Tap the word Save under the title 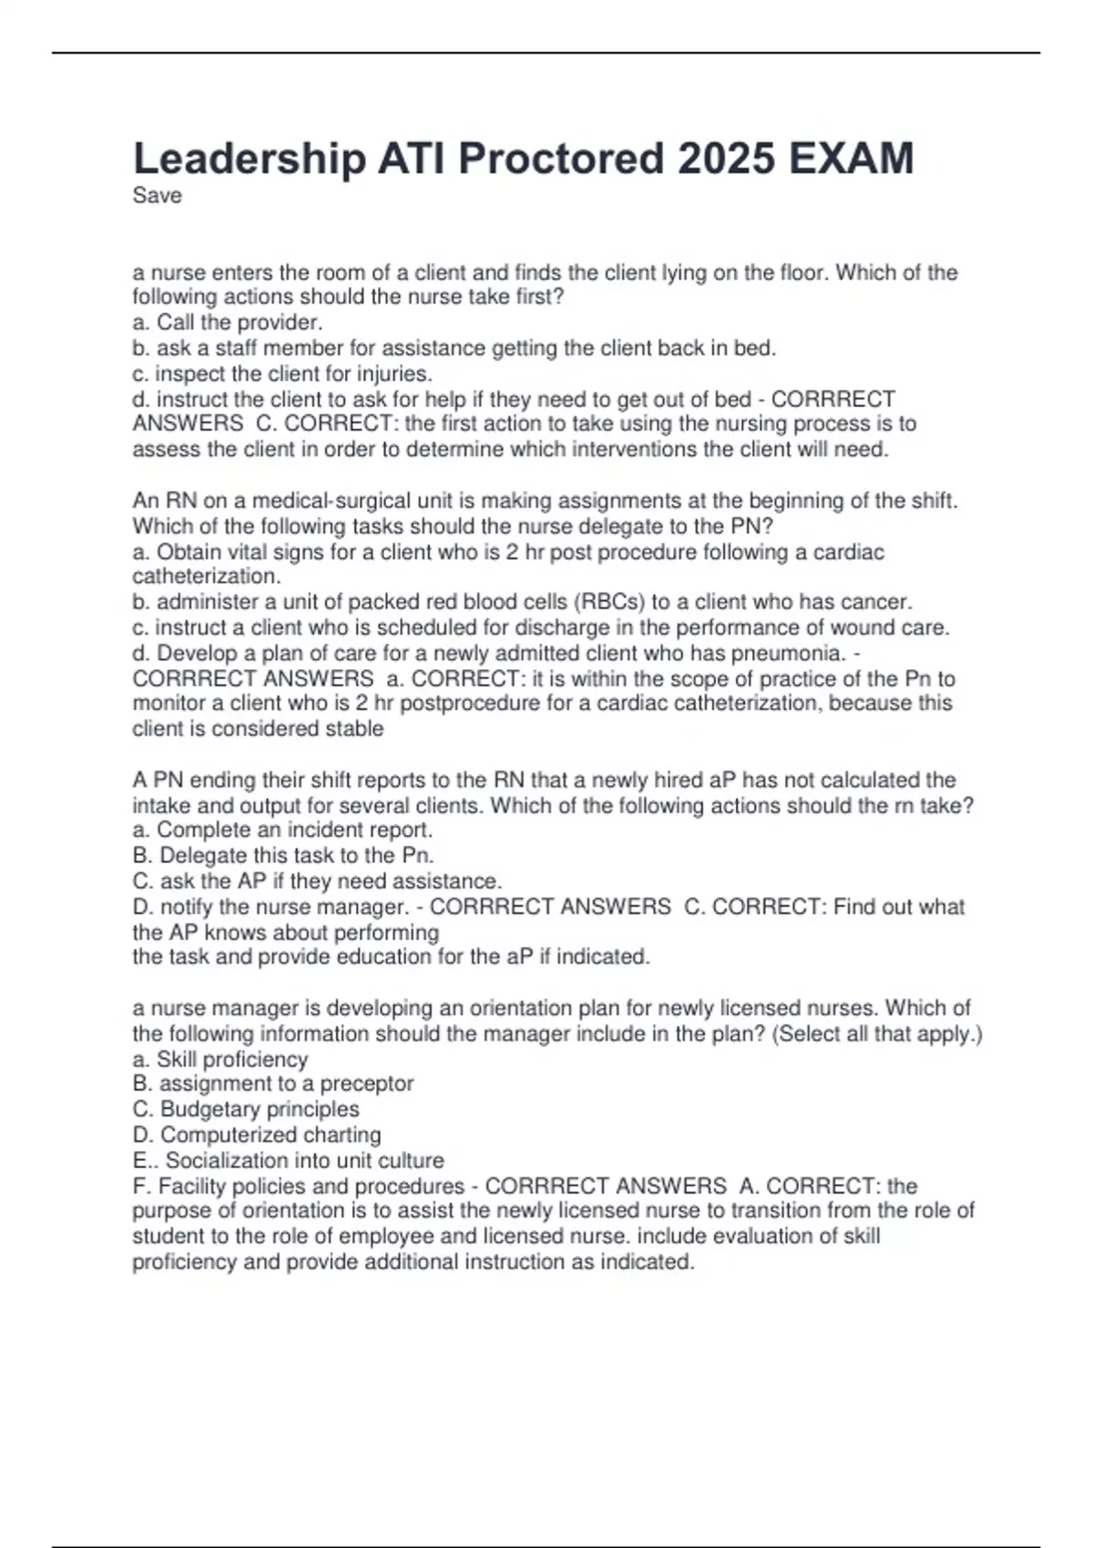pyautogui.click(x=157, y=196)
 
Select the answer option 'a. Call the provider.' pyautogui.click(x=228, y=322)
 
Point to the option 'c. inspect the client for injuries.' pyautogui.click(x=282, y=373)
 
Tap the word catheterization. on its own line pyautogui.click(x=207, y=576)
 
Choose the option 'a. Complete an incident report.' pyautogui.click(x=282, y=830)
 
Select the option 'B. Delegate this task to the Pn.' pyautogui.click(x=283, y=855)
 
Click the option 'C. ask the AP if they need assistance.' pyautogui.click(x=317, y=881)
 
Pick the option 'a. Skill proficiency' pyautogui.click(x=220, y=1059)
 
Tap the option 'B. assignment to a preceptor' pyautogui.click(x=273, y=1084)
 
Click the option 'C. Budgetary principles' pyautogui.click(x=246, y=1109)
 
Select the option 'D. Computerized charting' pyautogui.click(x=257, y=1135)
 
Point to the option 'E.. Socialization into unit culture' pyautogui.click(x=288, y=1160)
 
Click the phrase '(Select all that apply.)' pyautogui.click(x=876, y=1034)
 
